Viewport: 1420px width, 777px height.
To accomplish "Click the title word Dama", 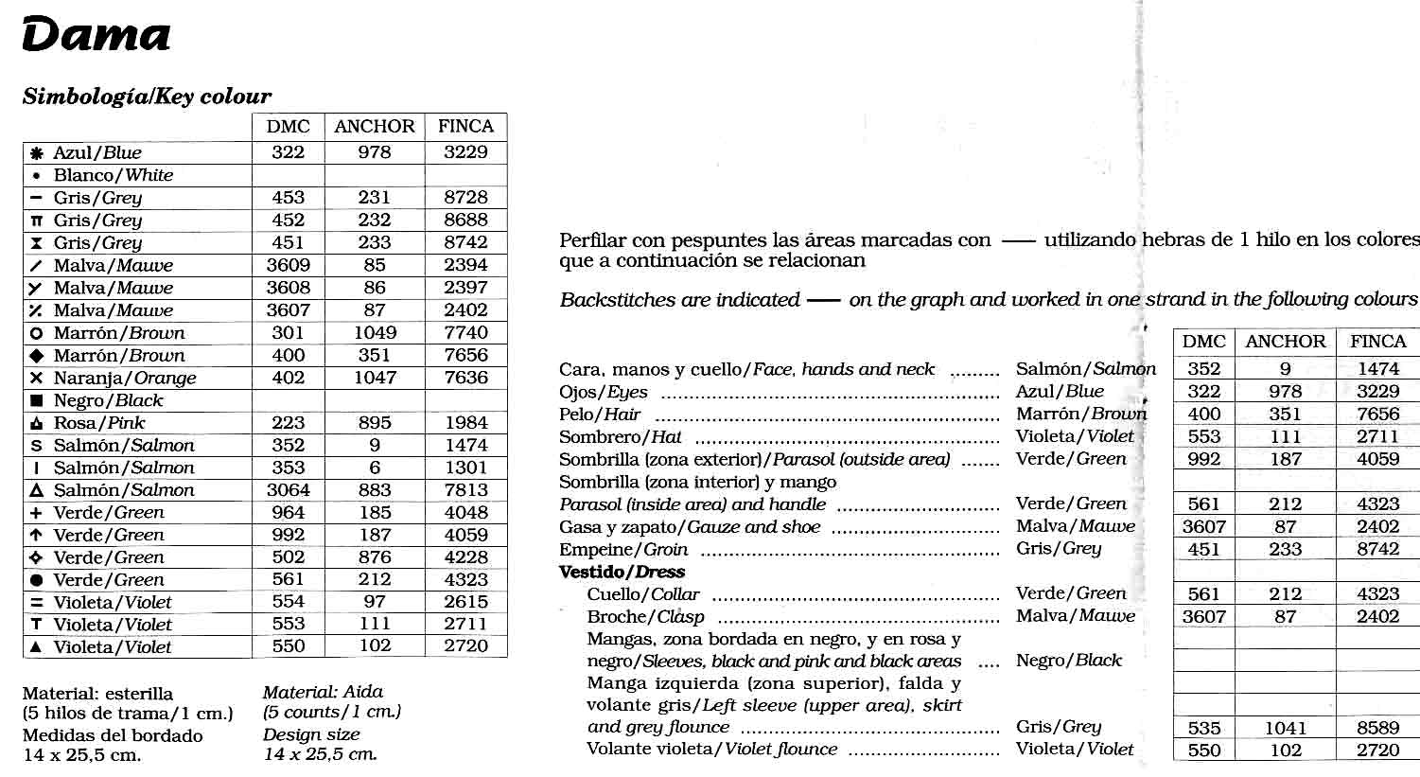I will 96,36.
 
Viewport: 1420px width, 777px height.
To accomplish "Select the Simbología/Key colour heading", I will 147,97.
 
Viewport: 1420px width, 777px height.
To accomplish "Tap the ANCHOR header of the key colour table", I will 375,127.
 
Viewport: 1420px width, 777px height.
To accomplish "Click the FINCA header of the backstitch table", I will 1377,342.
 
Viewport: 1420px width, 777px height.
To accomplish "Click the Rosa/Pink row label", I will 99,423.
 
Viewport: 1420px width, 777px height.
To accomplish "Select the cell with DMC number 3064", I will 288,490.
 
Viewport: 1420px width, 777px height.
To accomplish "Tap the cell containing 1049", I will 375,332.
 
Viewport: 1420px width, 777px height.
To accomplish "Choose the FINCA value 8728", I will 465,197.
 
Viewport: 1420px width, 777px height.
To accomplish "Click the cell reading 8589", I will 1377,728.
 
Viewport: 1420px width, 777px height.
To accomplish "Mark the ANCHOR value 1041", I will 1285,728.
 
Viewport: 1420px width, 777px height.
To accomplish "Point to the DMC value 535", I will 1203,728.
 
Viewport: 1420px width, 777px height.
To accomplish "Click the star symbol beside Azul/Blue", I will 37,153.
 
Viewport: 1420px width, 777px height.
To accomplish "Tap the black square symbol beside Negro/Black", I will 37,400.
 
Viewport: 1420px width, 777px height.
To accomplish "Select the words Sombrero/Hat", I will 621,437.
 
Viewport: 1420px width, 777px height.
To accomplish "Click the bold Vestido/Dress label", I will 622,572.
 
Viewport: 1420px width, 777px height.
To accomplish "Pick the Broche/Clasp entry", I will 645,617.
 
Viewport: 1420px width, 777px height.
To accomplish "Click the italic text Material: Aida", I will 323,692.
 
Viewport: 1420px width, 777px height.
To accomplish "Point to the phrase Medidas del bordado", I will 113,735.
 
